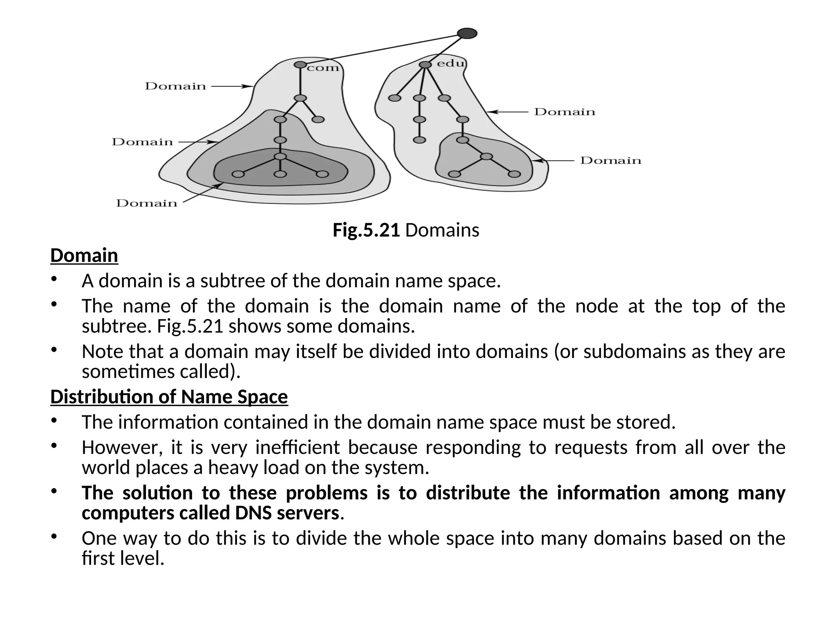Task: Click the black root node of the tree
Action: click(x=468, y=33)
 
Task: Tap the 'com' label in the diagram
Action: click(x=323, y=68)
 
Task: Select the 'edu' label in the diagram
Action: click(x=451, y=63)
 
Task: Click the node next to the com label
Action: click(x=300, y=65)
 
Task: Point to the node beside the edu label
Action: click(x=425, y=65)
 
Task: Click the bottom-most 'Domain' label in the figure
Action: click(x=147, y=203)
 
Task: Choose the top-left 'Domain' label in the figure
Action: click(x=175, y=86)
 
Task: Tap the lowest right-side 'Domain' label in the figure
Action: click(x=611, y=160)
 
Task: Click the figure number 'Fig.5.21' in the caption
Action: click(x=366, y=230)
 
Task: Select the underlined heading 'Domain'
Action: click(x=84, y=256)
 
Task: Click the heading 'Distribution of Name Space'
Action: click(x=169, y=397)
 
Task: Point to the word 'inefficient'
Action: click(x=298, y=447)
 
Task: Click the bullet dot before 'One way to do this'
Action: click(x=54, y=536)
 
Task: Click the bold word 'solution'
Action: click(x=157, y=493)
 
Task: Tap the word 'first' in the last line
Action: click(x=98, y=558)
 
